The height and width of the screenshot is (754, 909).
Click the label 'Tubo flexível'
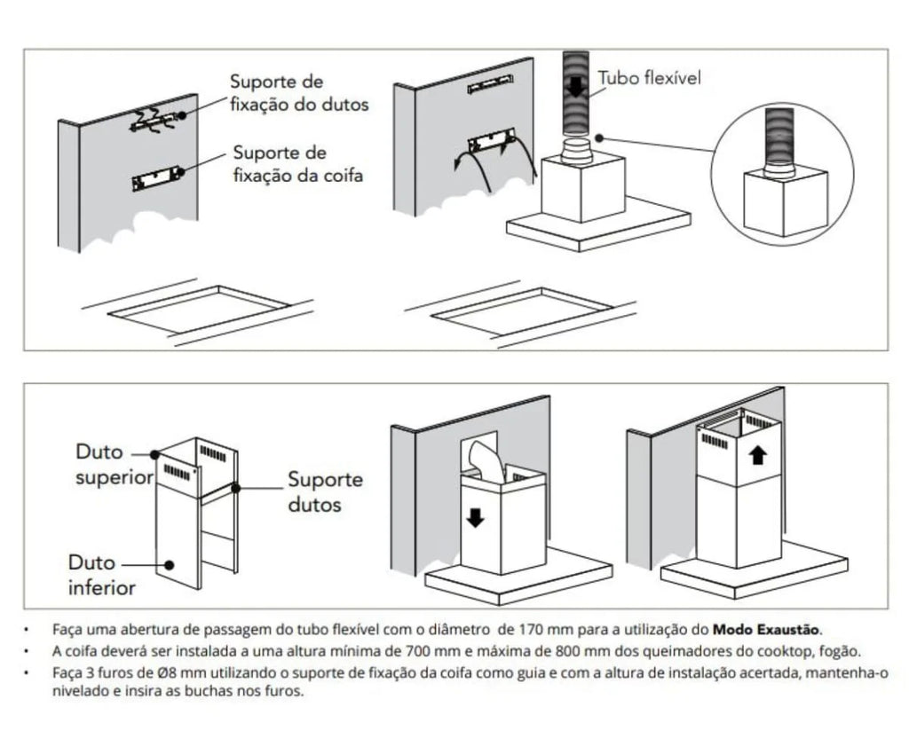(x=650, y=78)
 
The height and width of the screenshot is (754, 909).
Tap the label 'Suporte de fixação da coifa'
(x=298, y=164)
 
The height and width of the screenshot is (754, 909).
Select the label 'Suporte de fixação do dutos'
(x=299, y=93)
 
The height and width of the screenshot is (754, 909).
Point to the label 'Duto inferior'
(x=102, y=575)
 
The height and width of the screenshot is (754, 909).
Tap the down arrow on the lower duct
(x=476, y=516)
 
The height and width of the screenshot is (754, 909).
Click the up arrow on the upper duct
(x=756, y=456)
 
